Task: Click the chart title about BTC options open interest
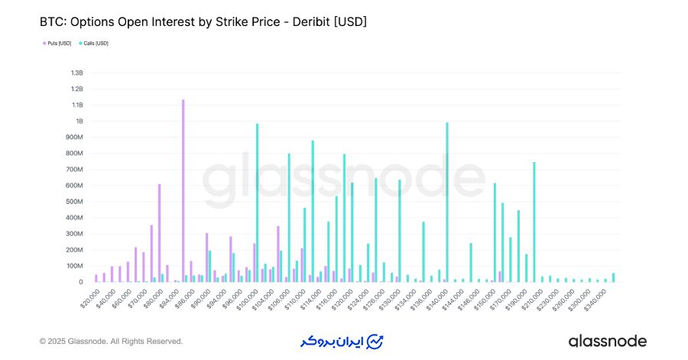click(203, 22)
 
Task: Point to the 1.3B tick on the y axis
click(76, 73)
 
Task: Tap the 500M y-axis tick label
click(73, 202)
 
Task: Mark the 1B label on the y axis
click(78, 121)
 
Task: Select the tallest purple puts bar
click(183, 191)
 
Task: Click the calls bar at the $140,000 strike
click(447, 203)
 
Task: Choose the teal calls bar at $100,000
click(258, 203)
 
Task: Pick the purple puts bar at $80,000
click(159, 233)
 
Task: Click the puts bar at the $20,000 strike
click(96, 278)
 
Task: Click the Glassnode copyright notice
click(111, 341)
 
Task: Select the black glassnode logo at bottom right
click(607, 341)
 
